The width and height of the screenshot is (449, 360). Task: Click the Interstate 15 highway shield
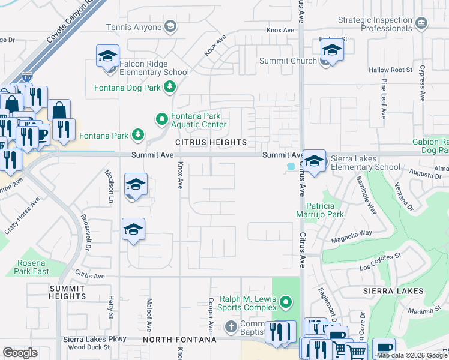click(x=27, y=77)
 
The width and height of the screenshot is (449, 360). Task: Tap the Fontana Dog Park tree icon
click(x=170, y=88)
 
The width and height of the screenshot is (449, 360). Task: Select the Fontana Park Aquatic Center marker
click(x=161, y=119)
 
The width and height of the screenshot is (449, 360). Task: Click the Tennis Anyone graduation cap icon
click(x=170, y=27)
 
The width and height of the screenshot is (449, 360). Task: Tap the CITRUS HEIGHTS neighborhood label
click(x=211, y=142)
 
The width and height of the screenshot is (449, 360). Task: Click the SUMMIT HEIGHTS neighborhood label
click(x=68, y=293)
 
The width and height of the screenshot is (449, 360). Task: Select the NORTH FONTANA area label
click(x=179, y=340)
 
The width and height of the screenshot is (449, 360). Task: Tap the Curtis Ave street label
click(x=90, y=276)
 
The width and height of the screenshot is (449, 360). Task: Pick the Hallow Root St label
click(x=392, y=70)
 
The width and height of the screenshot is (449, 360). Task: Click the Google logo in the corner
click(x=20, y=353)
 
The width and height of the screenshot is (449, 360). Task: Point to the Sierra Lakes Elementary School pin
click(x=313, y=160)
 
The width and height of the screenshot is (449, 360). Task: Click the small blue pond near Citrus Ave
click(x=291, y=166)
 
